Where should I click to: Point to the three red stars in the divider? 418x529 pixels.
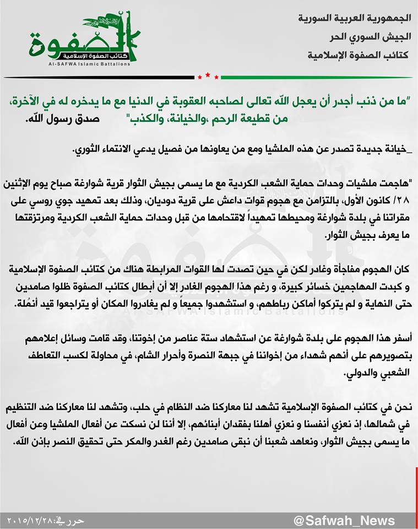point(208,75)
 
